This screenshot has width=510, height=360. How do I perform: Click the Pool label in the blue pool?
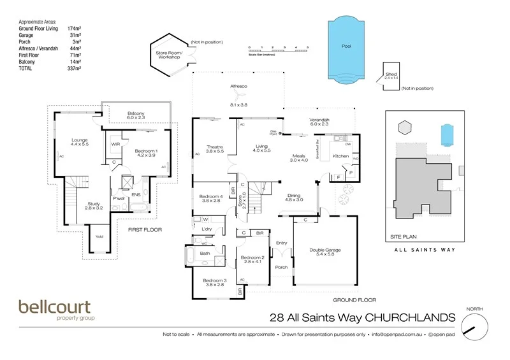[346, 46]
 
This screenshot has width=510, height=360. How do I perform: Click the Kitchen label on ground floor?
[341, 155]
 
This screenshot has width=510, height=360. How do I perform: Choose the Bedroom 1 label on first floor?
[146, 150]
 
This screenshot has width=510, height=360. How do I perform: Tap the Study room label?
[94, 204]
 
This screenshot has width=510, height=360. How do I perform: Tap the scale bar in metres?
[279, 48]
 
